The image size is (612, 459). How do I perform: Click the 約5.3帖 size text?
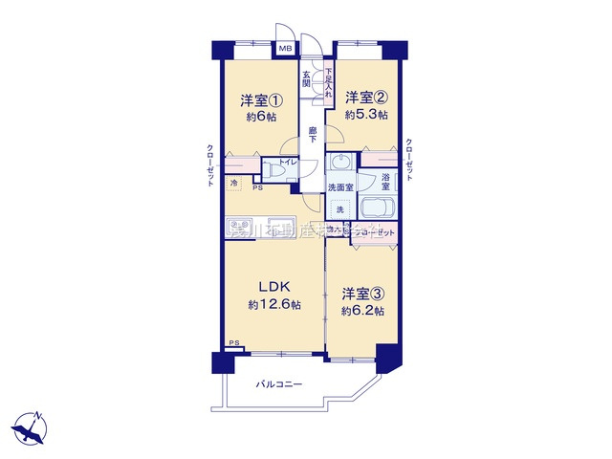(x=366, y=114)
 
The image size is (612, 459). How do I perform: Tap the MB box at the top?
(x=285, y=47)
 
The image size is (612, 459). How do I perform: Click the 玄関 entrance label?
(x=307, y=78)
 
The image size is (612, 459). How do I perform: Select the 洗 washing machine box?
(x=338, y=209)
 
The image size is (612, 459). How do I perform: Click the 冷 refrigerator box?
(x=234, y=182)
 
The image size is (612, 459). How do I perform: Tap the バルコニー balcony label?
(x=278, y=384)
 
